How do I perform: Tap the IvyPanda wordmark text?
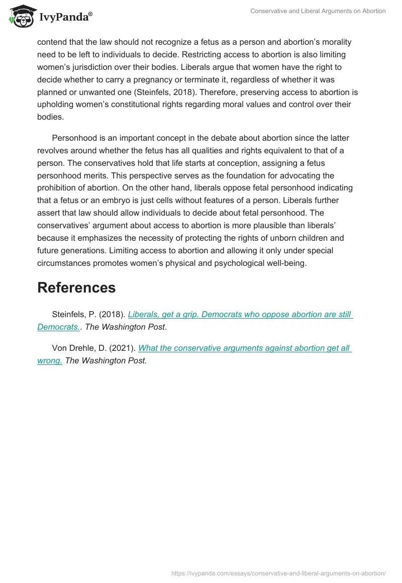point(65,17)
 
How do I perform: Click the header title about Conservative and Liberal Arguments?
point(318,11)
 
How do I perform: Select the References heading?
point(76,287)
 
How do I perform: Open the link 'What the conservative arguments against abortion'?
point(244,348)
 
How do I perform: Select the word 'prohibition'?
point(59,188)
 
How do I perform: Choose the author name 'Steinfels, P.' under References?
point(72,315)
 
